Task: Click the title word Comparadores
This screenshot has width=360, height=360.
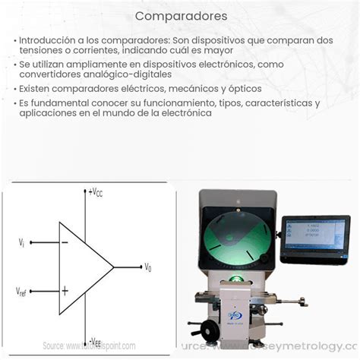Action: (x=180, y=15)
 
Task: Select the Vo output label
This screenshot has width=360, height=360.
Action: (x=148, y=267)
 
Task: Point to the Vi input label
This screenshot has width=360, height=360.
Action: (x=22, y=242)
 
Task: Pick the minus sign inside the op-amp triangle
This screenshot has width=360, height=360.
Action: (x=64, y=242)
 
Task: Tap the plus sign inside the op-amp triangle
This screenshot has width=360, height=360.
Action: (x=65, y=290)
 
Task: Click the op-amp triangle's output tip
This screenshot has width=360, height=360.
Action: (x=114, y=267)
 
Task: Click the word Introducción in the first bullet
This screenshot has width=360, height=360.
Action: (x=46, y=39)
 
